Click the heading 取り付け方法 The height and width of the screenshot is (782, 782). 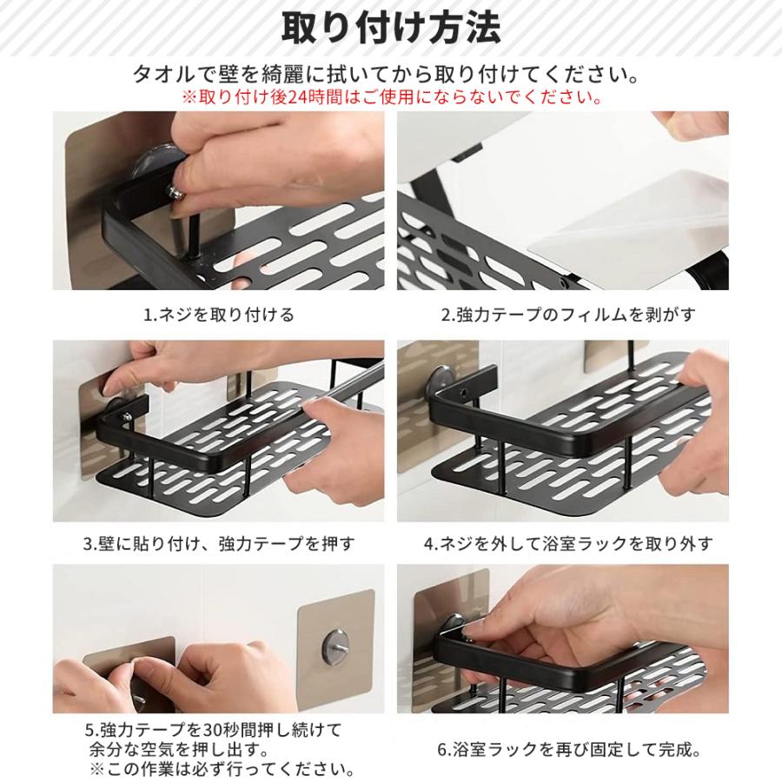click(391, 29)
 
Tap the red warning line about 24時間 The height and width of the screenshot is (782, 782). click(391, 96)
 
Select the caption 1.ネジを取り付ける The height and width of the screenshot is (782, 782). click(219, 315)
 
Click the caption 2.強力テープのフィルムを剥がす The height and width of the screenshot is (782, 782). click(568, 315)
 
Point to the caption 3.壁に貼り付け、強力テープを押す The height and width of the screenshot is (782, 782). click(219, 544)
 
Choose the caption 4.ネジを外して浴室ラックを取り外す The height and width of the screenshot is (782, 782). click(568, 544)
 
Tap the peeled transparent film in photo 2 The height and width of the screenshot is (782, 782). click(633, 227)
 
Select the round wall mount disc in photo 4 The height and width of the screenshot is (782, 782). click(441, 381)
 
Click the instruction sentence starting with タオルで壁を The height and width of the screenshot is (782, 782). click(386, 75)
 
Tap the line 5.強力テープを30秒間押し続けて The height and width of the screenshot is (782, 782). click(213, 730)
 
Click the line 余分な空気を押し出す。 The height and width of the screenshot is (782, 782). click(180, 750)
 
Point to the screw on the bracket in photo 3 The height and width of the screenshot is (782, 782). click(127, 416)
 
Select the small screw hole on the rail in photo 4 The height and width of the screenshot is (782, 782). click(466, 394)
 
